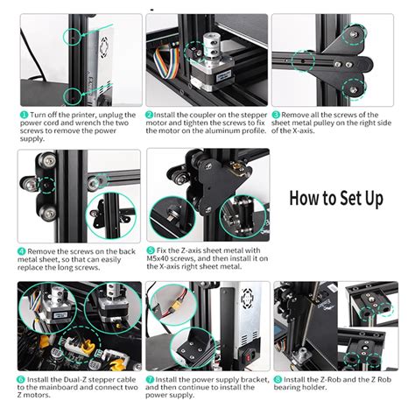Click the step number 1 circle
[22, 115]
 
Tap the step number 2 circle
[150, 115]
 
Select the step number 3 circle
[276, 115]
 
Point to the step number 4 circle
[22, 250]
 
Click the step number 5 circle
[150, 250]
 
